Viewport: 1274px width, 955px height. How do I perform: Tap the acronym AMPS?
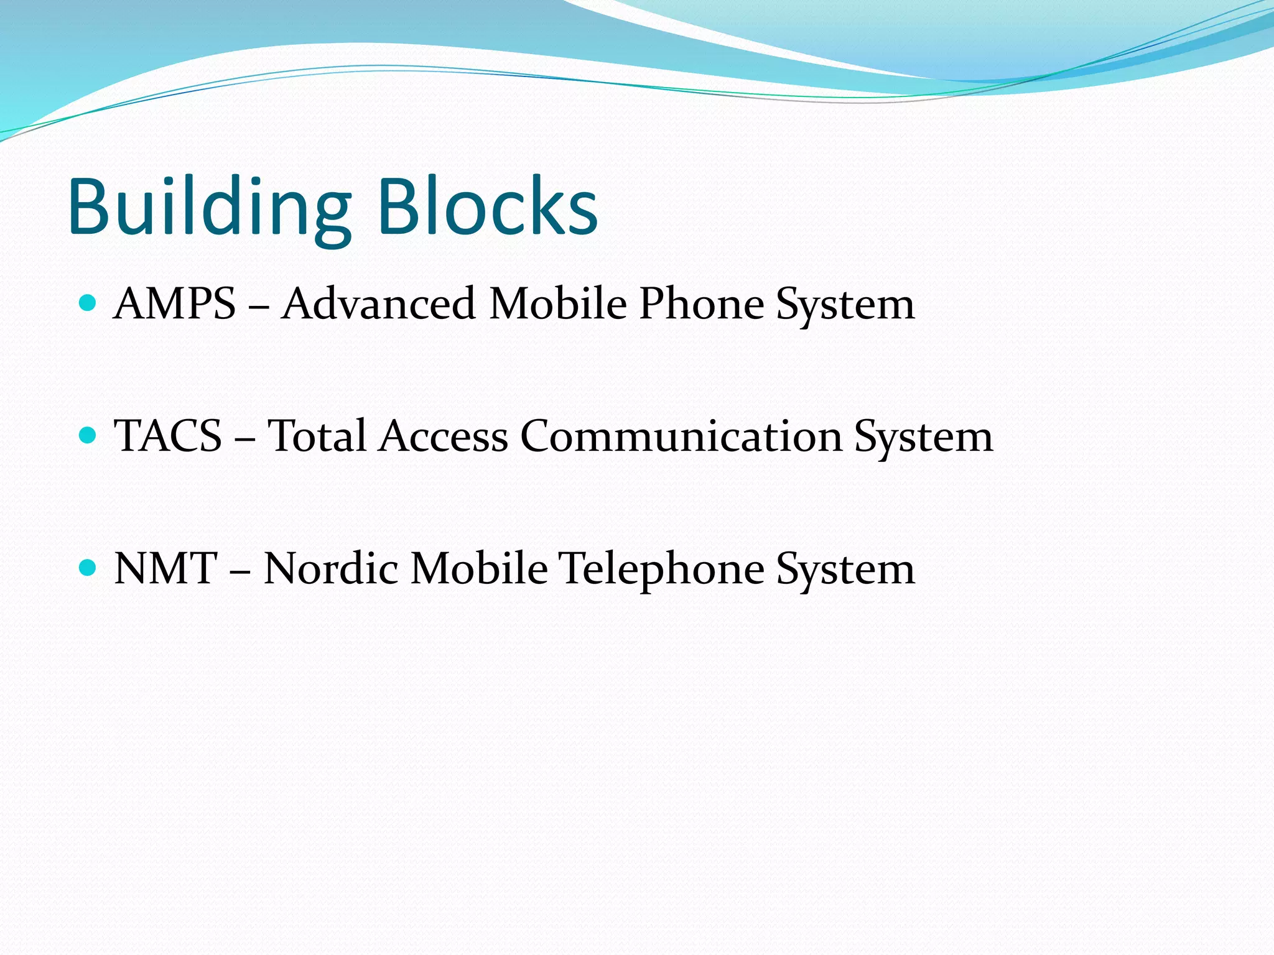click(x=175, y=304)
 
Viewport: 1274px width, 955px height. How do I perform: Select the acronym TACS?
click(x=168, y=436)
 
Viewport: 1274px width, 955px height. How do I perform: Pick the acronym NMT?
click(x=165, y=568)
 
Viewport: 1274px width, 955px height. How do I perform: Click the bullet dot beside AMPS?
click(x=88, y=303)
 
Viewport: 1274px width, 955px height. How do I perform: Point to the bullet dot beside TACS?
click(x=88, y=435)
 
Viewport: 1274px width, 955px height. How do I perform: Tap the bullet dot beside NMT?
click(x=88, y=568)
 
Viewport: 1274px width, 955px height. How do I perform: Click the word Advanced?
click(x=378, y=304)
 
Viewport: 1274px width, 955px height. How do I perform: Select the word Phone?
click(x=702, y=304)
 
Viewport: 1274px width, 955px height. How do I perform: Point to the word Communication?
click(x=681, y=436)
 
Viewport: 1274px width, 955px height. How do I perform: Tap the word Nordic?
click(x=331, y=568)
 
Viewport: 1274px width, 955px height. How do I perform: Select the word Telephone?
click(x=662, y=570)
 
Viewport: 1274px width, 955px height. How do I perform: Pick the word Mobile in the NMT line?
click(x=479, y=568)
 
